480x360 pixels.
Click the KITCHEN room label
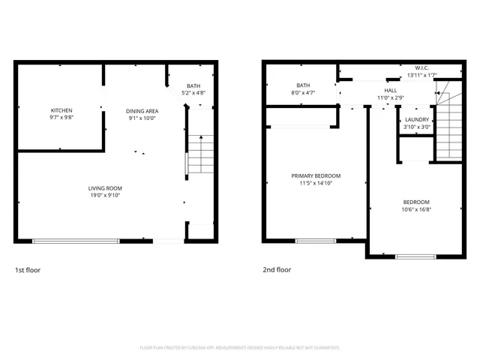[61, 111]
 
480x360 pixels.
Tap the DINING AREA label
[141, 111]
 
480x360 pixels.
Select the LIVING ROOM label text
[105, 188]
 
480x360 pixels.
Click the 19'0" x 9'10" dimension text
[105, 195]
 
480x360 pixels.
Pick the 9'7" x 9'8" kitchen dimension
[61, 118]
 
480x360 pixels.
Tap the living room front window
[76, 241]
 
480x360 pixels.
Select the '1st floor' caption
[28, 270]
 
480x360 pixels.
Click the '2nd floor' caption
[277, 270]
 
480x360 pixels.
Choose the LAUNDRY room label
[417, 120]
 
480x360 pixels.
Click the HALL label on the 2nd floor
[390, 91]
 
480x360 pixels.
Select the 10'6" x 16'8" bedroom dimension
[416, 209]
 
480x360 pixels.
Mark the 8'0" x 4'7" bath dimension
[303, 92]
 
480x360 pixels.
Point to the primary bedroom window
[315, 241]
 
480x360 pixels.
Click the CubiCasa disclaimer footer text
[240, 348]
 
